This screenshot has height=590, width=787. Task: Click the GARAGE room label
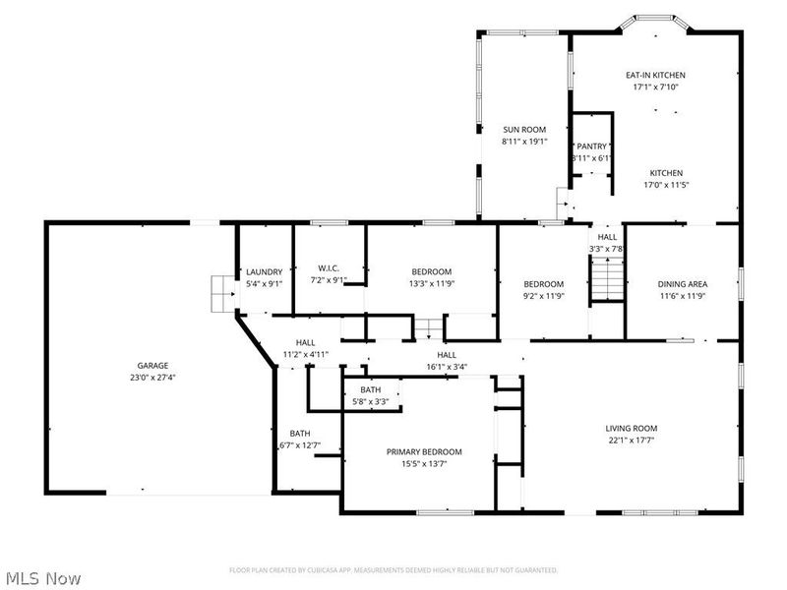[152, 365]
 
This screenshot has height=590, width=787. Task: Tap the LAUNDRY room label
[265, 272]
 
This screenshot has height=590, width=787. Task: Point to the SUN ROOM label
[523, 130]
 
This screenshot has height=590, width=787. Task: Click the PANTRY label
[591, 147]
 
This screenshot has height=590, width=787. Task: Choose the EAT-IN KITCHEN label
[655, 75]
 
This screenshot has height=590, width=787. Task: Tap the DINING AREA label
[683, 284]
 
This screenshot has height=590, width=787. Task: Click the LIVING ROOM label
[631, 428]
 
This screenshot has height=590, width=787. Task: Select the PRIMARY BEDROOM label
[423, 451]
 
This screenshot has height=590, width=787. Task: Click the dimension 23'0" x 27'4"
[152, 377]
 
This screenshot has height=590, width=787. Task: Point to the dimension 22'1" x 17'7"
[631, 440]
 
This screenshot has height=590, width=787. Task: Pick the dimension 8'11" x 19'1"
[523, 142]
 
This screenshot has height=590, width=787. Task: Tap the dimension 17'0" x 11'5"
[665, 184]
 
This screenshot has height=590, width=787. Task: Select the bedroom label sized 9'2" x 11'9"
[543, 284]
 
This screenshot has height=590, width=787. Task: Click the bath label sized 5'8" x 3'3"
[370, 390]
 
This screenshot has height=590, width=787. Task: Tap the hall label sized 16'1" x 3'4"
[447, 355]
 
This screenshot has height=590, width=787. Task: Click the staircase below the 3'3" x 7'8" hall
[606, 286]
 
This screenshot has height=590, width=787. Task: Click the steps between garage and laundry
[221, 293]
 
